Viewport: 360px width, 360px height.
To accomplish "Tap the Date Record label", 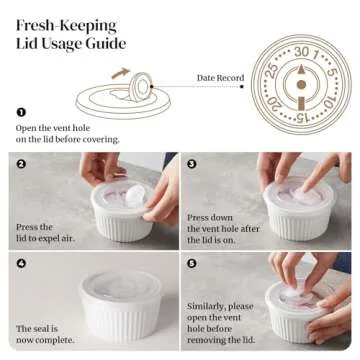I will (221, 76).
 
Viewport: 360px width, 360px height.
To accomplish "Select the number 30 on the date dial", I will (300, 50).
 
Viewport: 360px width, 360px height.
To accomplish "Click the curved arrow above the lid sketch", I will (120, 72).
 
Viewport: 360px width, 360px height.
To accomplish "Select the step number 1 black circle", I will (21, 112).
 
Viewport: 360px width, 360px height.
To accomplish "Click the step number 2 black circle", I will (21, 163).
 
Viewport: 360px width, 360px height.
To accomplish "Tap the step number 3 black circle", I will (192, 163).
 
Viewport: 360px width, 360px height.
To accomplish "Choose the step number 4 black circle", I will (21, 264).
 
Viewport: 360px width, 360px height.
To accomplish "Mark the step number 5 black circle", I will (192, 264).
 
